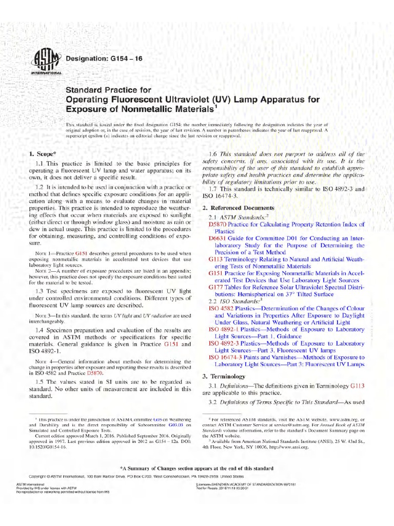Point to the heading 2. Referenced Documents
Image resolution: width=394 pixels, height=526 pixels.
pyautogui.click(x=238, y=208)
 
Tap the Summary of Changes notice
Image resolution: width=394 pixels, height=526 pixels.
pyautogui.click(x=197, y=468)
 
